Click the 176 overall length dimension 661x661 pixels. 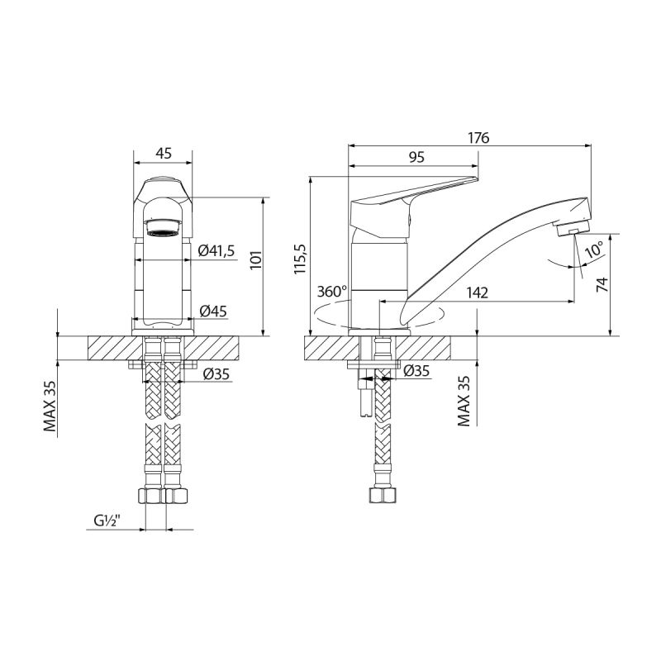(x=478, y=138)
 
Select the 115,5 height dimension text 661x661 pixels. (x=300, y=258)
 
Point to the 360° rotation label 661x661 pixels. (x=332, y=292)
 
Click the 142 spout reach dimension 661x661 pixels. (x=477, y=292)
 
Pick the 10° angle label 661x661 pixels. (x=594, y=249)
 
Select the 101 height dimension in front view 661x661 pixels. (x=255, y=259)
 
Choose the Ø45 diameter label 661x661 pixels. (x=213, y=311)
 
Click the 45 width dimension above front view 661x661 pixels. (x=163, y=153)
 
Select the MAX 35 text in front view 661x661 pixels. (x=50, y=406)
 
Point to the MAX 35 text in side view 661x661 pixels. (x=464, y=401)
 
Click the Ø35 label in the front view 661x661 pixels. (x=216, y=373)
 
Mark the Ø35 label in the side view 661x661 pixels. (x=416, y=372)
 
